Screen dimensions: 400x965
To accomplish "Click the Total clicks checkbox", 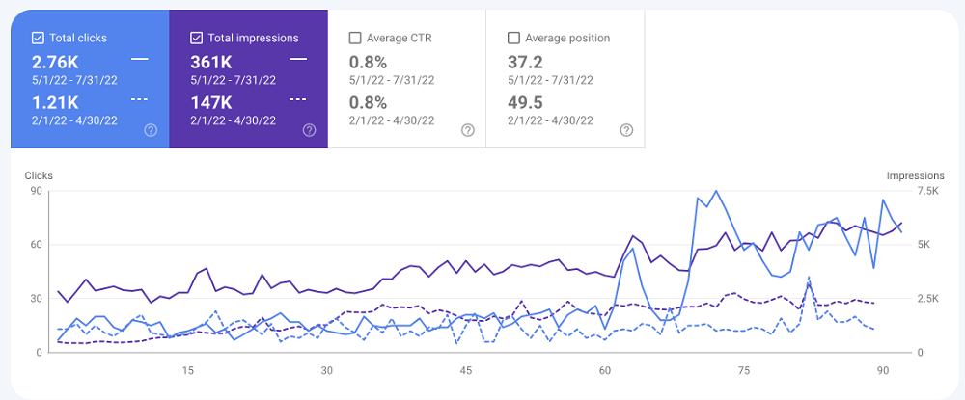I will click(38, 39).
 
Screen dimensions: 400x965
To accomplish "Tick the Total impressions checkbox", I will click(197, 39).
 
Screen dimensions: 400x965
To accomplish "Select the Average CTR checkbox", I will click(355, 39).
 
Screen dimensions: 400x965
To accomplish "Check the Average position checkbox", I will click(513, 39).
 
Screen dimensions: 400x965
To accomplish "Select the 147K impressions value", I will click(212, 102).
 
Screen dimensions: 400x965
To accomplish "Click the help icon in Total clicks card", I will click(151, 130).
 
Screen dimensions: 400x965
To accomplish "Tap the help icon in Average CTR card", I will click(468, 130).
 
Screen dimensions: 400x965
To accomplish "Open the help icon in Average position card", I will click(626, 130).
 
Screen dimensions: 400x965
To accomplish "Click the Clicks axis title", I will click(40, 176).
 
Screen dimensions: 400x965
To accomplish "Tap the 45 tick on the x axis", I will click(466, 370).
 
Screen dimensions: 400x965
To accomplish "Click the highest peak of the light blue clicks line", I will click(715, 191).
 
